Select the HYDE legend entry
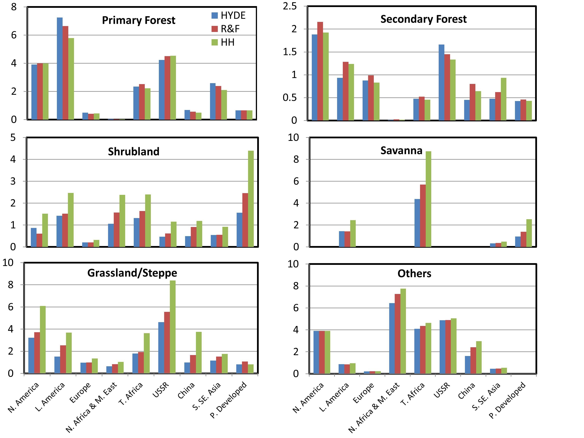[228, 16]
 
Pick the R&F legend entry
[226, 29]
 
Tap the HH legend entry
[223, 42]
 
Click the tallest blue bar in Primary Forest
[60, 69]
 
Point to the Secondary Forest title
[423, 19]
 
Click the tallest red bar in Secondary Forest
[320, 71]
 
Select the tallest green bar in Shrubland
[251, 199]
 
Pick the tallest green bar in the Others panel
[403, 331]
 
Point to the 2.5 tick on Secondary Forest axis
[290, 6]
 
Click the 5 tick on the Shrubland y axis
[13, 138]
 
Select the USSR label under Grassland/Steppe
[161, 390]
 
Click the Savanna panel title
[401, 151]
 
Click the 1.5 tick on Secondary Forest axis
[290, 52]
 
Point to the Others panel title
[414, 274]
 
